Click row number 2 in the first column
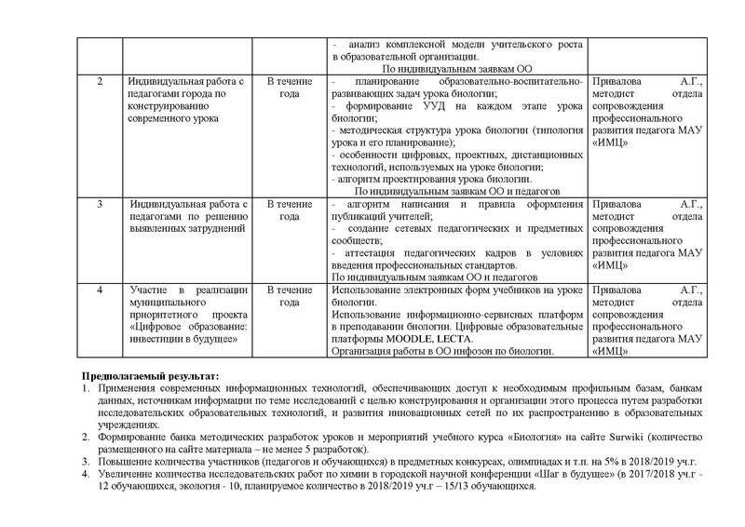tap(102, 82)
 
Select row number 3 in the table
tap(102, 203)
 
